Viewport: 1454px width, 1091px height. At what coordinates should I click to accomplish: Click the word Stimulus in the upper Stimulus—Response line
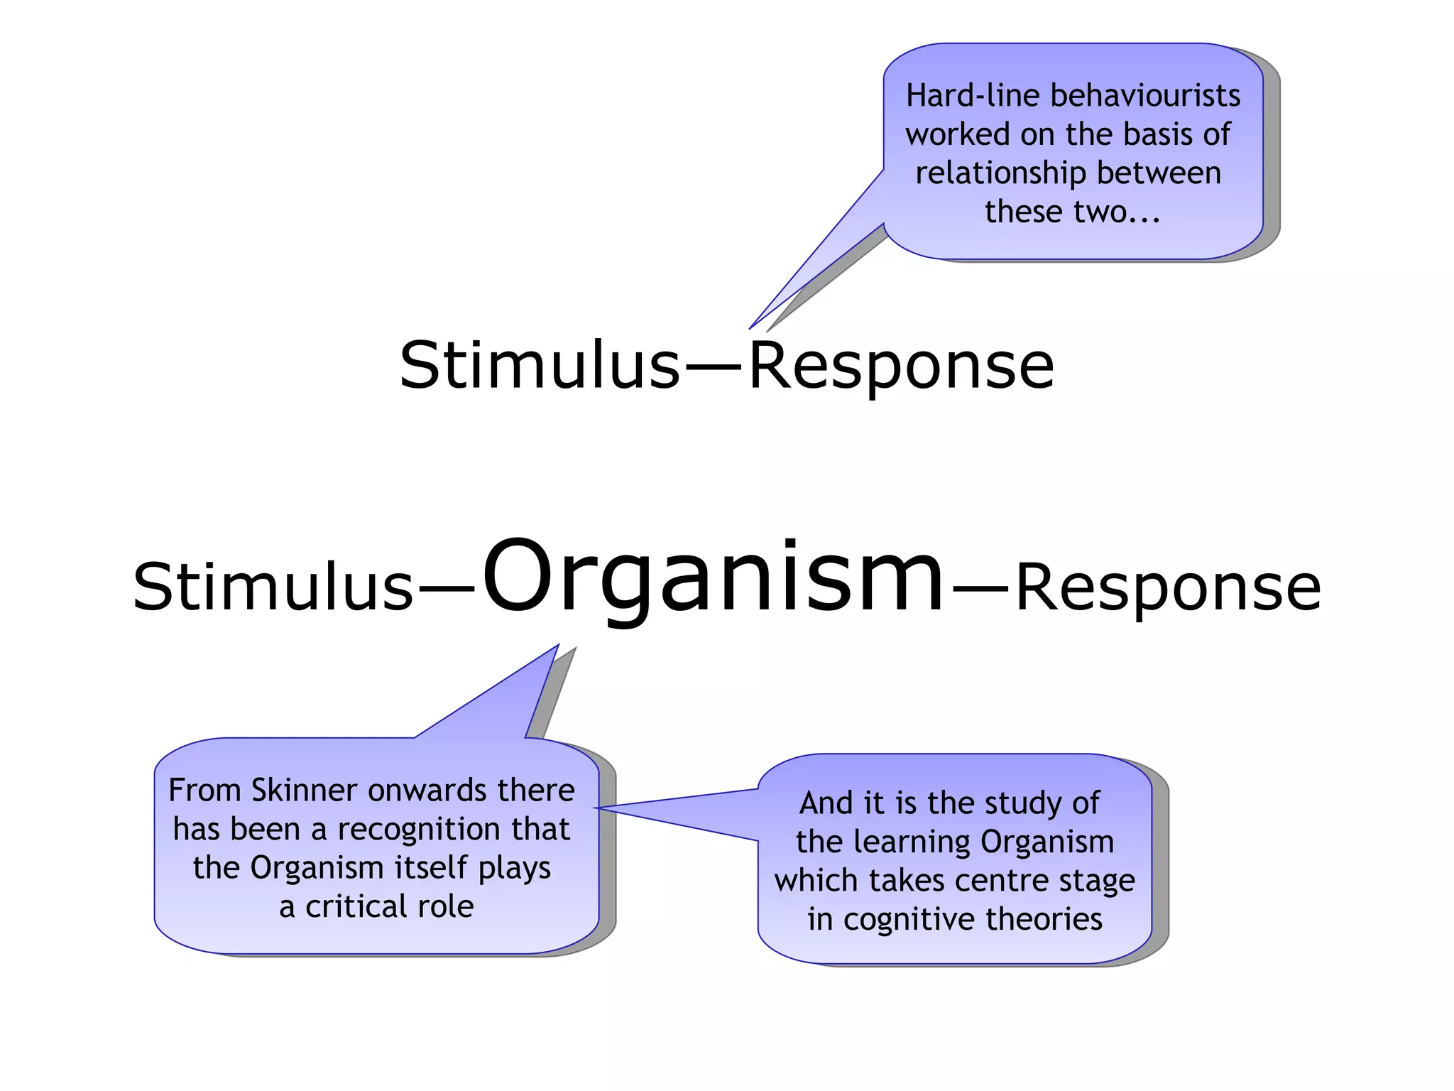point(540,366)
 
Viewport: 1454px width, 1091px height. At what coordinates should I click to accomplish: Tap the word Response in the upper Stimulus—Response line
point(902,368)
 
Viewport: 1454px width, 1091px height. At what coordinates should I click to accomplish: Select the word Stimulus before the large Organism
point(273,587)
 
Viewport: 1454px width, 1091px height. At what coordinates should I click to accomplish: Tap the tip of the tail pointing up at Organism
point(558,646)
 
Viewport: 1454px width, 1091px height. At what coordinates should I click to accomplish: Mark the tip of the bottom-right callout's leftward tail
point(596,808)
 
